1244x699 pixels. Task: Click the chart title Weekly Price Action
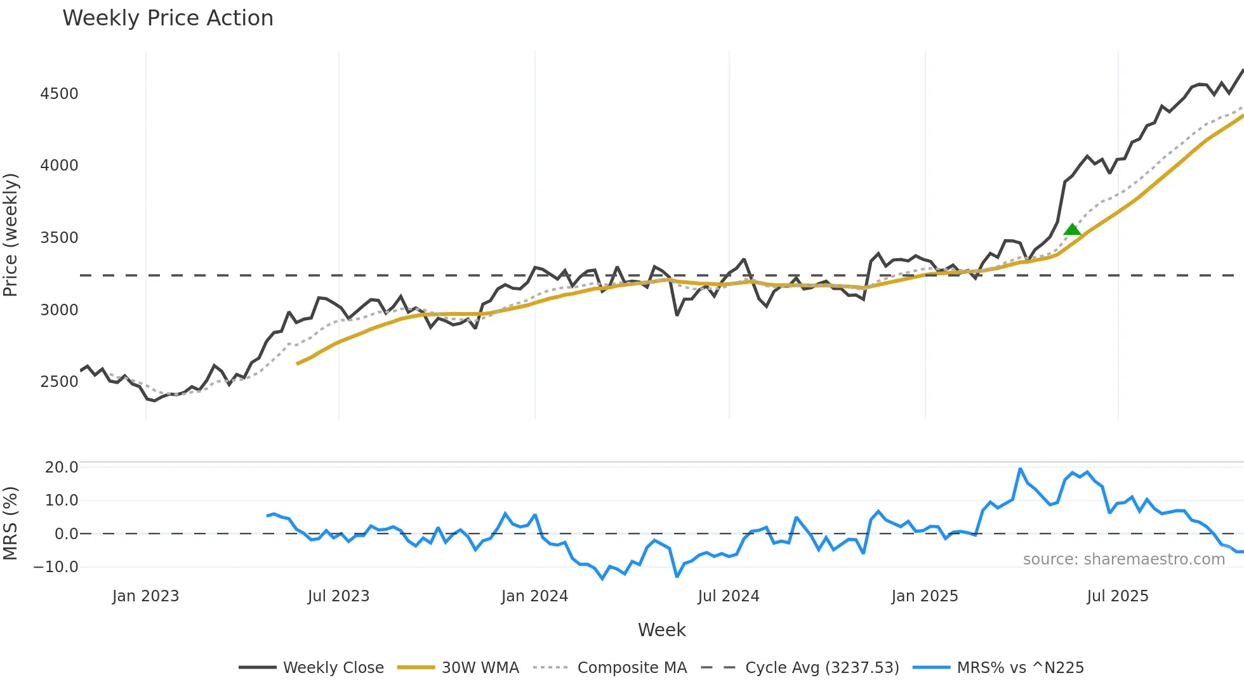point(168,18)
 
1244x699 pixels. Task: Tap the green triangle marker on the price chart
point(1072,230)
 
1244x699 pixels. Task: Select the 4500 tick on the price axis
point(59,94)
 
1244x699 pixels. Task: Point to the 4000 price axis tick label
point(59,166)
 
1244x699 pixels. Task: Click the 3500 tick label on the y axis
point(59,238)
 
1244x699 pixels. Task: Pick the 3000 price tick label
point(59,310)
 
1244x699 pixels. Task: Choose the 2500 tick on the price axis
point(59,382)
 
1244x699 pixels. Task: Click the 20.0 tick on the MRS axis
point(62,467)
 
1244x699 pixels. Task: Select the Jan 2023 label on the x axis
point(145,596)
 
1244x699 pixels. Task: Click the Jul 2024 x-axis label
point(729,596)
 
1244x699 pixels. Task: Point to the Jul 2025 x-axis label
point(1118,596)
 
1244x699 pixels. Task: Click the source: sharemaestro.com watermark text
point(1123,559)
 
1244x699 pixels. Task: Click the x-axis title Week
point(661,630)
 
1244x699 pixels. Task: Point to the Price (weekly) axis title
point(10,235)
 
